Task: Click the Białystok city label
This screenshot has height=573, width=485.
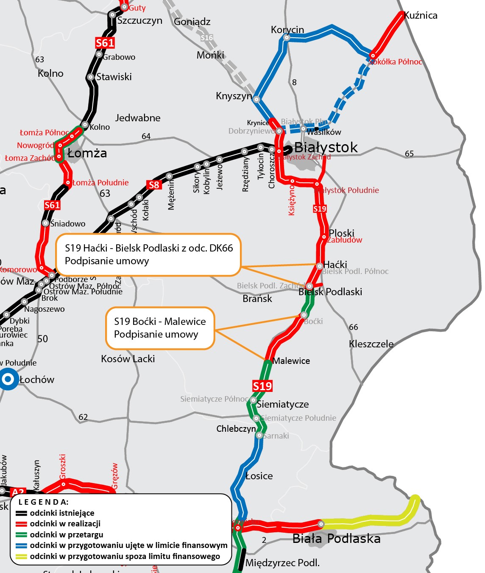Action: point(326,147)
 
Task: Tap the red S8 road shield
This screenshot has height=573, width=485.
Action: point(154,185)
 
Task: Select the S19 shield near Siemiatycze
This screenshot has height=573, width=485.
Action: point(262,386)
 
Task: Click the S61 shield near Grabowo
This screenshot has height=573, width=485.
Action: point(105,43)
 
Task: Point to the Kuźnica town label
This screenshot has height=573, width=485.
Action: point(421,15)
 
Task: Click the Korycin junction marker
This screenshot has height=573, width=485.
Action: point(287,38)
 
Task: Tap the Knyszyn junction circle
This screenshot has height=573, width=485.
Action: point(256,99)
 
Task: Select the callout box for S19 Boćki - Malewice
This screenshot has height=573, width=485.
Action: point(160,328)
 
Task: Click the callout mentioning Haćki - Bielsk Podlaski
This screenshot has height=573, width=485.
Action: point(148,254)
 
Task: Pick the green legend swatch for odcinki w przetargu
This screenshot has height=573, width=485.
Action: point(21,535)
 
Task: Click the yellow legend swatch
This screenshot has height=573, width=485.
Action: point(21,556)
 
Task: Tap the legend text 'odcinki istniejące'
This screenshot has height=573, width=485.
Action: point(62,513)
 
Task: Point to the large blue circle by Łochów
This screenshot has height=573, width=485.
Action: point(8,379)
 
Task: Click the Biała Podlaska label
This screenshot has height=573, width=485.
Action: point(336,539)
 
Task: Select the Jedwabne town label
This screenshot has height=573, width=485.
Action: point(138,118)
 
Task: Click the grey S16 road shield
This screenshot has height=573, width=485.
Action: point(206,38)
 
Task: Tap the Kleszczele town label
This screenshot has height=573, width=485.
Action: point(371,344)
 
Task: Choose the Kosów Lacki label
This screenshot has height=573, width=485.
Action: point(128,359)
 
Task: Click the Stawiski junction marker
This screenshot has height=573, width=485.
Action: point(90,77)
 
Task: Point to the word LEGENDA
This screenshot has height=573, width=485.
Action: point(43,502)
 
